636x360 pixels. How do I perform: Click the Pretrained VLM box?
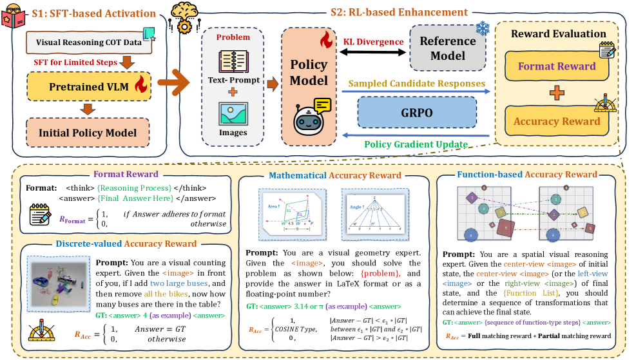click(88, 86)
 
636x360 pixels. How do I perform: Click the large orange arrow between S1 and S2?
click(171, 82)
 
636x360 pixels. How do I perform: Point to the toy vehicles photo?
click(58, 285)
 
